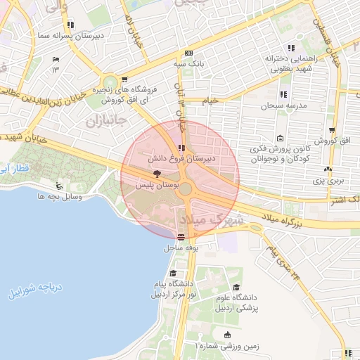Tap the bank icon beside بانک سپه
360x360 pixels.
pos(188,53)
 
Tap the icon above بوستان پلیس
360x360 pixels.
pos(156,174)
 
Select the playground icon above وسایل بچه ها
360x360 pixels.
pos(60,186)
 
